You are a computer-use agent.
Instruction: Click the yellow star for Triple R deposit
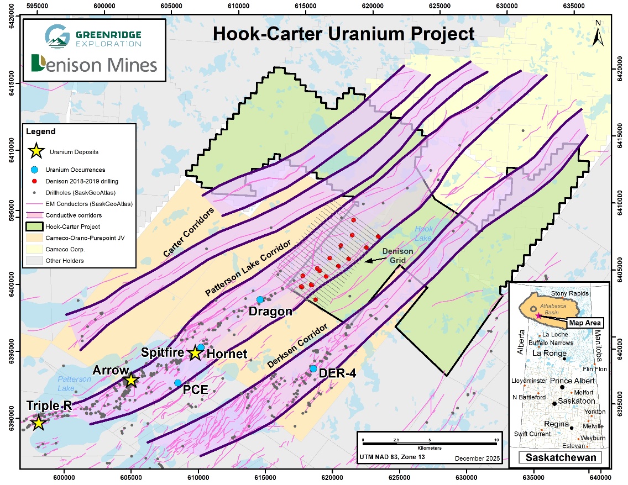pos(38,423)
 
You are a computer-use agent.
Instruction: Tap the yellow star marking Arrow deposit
pos(130,380)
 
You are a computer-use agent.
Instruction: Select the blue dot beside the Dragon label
pos(260,299)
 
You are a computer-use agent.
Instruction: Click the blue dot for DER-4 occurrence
pos(313,368)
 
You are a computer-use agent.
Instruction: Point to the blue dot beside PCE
pos(177,383)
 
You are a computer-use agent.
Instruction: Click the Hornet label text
pos(227,354)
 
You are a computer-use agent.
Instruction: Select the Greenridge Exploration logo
pos(93,36)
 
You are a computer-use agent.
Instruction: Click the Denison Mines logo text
pos(94,65)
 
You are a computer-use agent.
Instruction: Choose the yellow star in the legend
pos(36,150)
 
